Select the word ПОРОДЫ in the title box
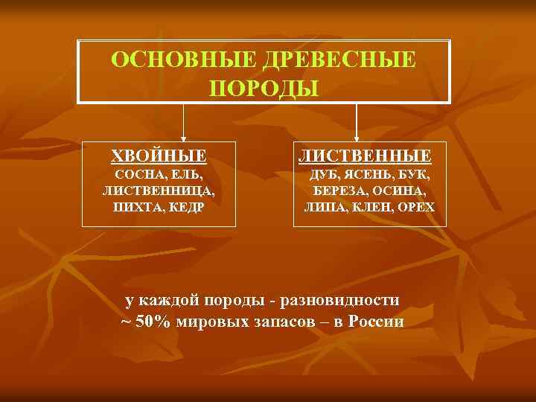pyautogui.click(x=264, y=88)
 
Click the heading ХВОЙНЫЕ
pyautogui.click(x=159, y=156)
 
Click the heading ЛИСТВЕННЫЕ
pyautogui.click(x=365, y=156)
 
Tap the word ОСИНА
pyautogui.click(x=400, y=191)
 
